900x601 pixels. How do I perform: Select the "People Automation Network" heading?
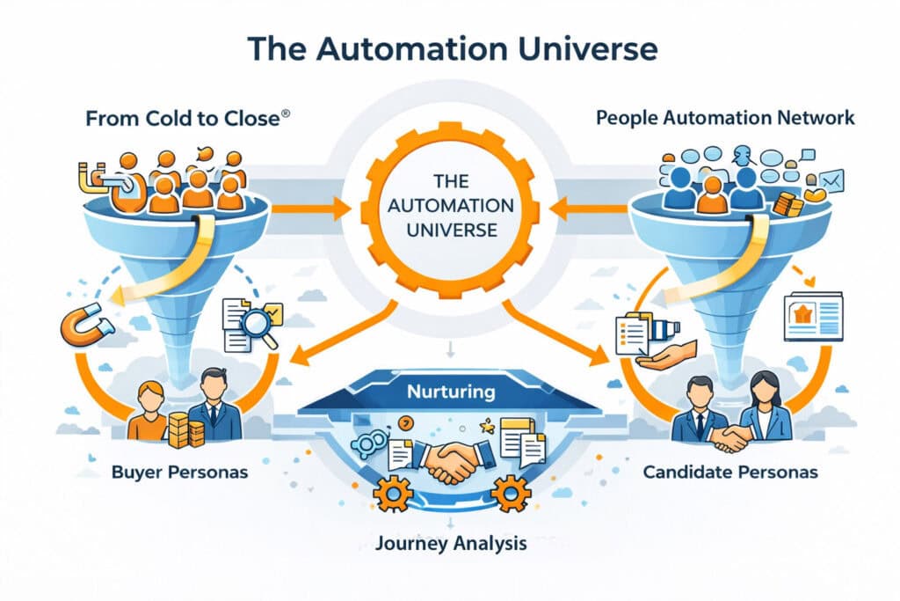[x=724, y=118]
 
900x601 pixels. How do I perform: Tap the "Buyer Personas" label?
[x=180, y=473]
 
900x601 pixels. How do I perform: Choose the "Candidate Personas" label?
[x=730, y=473]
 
